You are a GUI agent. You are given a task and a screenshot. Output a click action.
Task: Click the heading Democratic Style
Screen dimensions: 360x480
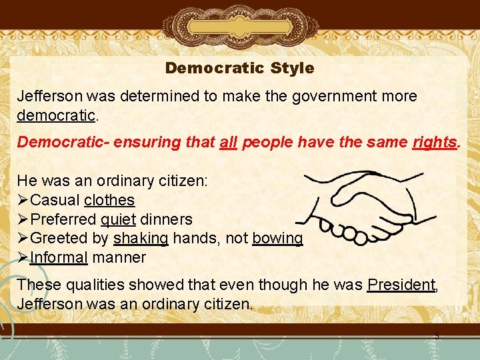coord(239,68)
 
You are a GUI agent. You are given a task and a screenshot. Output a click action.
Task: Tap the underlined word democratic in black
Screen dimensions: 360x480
coord(57,115)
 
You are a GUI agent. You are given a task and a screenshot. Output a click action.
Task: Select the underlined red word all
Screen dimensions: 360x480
coord(227,143)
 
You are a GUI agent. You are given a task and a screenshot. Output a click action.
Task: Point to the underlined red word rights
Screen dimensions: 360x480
coord(435,143)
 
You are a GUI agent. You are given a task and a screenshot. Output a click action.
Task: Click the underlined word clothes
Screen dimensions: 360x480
coord(109,200)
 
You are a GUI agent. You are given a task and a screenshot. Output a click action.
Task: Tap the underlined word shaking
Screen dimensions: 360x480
coord(141,238)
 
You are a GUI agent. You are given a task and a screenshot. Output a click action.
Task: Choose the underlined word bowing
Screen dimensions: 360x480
coord(277,238)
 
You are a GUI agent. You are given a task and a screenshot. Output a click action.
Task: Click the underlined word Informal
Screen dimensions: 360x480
coord(59,257)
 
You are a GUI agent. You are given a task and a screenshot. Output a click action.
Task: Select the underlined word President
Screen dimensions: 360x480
coord(401,285)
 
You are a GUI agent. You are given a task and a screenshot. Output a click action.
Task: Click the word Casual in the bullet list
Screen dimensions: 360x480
coord(55,200)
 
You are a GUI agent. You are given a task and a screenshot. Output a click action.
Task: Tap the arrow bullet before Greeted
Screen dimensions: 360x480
coord(23,238)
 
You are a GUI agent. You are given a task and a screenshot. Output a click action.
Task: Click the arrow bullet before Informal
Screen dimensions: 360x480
coord(23,257)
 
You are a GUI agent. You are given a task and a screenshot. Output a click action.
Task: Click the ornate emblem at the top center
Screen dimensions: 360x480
coord(239,25)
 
